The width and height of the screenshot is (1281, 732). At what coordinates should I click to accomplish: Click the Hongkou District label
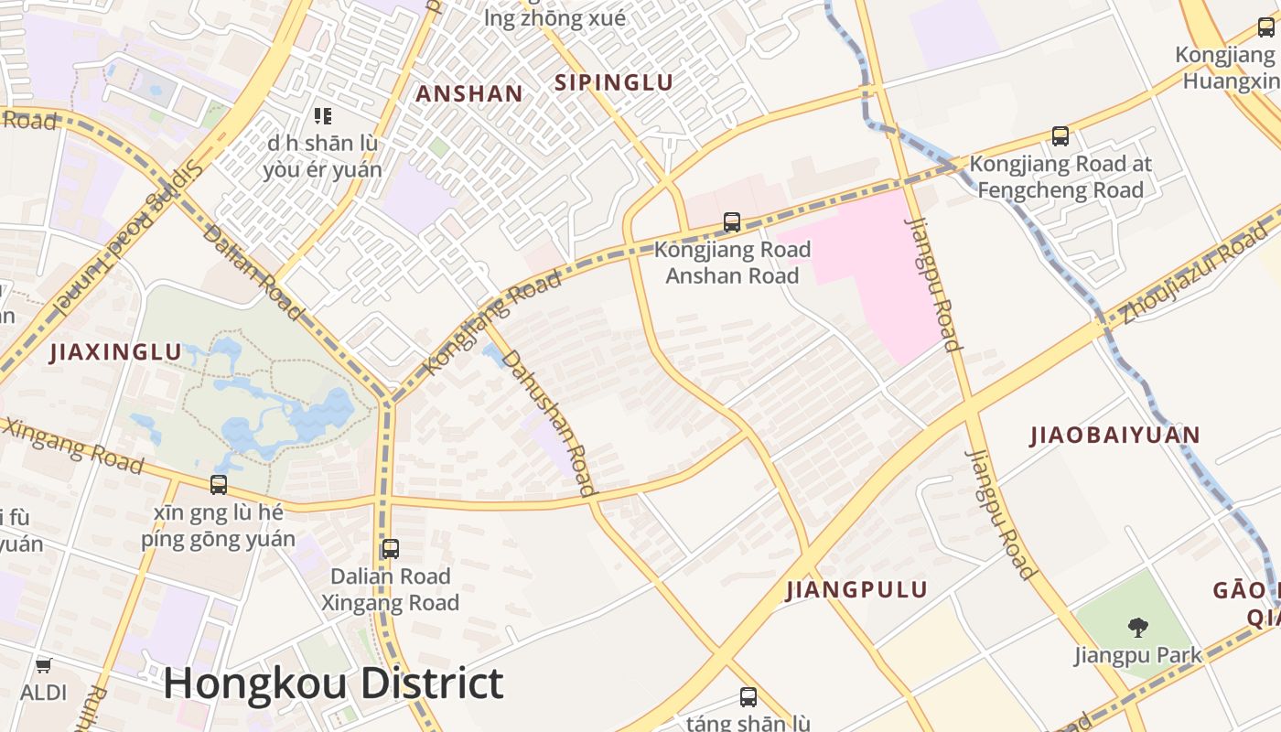pyautogui.click(x=333, y=684)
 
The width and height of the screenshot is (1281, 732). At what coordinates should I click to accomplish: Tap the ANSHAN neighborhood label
pyautogui.click(x=469, y=93)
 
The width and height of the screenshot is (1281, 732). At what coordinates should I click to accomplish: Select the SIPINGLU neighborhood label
pyautogui.click(x=614, y=82)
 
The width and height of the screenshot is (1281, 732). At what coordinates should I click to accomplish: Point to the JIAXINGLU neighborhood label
pyautogui.click(x=115, y=352)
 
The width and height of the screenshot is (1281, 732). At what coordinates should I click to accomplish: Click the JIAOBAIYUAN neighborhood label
pyautogui.click(x=1114, y=435)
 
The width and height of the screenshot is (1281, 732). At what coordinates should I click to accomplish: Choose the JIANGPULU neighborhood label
pyautogui.click(x=856, y=590)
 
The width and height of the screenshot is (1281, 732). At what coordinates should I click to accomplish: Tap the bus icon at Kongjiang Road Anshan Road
pyautogui.click(x=732, y=221)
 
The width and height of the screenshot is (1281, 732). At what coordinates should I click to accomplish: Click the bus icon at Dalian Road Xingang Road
pyautogui.click(x=391, y=549)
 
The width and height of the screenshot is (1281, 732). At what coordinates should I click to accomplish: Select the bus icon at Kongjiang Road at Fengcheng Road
pyautogui.click(x=1060, y=136)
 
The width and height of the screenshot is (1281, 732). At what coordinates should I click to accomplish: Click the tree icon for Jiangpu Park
pyautogui.click(x=1138, y=628)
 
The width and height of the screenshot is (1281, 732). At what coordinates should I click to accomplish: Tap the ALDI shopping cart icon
pyautogui.click(x=43, y=665)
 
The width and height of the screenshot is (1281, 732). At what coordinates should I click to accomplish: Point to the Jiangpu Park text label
pyautogui.click(x=1138, y=655)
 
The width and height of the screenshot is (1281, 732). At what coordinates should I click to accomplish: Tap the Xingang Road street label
pyautogui.click(x=73, y=446)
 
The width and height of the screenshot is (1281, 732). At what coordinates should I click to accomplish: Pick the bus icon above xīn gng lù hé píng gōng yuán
pyautogui.click(x=219, y=485)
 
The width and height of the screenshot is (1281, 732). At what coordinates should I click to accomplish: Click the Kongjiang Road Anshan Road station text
pyautogui.click(x=732, y=263)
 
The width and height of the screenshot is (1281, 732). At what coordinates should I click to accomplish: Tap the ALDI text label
pyautogui.click(x=43, y=692)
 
